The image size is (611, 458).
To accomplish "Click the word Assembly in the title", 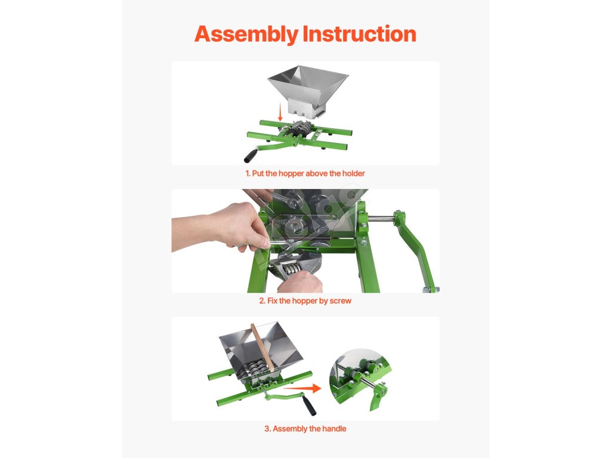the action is click(246, 34).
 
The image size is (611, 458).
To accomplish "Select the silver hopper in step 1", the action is click(308, 91).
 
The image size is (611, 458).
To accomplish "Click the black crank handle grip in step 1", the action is click(251, 155).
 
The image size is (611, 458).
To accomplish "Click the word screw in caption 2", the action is click(341, 301).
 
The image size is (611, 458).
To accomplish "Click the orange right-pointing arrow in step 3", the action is click(302, 388).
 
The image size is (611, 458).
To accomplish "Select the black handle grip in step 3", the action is click(310, 406).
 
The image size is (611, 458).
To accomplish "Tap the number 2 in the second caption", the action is click(261, 301).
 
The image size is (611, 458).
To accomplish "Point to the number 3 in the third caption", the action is click(267, 429).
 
